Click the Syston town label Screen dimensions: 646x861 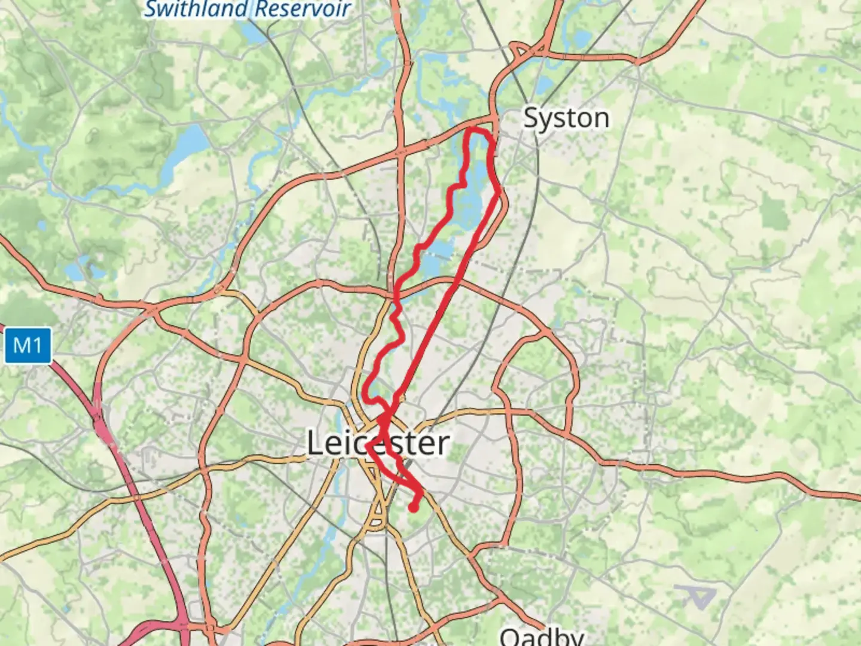click(x=566, y=118)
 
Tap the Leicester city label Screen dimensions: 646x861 click(x=378, y=443)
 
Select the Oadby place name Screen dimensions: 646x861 click(x=542, y=636)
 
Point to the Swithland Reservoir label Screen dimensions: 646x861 click(x=248, y=9)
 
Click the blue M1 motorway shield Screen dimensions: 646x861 click(x=27, y=345)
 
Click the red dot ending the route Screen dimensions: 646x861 click(x=413, y=508)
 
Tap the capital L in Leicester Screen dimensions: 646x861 click(x=317, y=443)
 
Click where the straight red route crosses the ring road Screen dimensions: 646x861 click(x=454, y=286)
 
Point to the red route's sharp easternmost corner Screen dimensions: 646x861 click(x=499, y=191)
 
